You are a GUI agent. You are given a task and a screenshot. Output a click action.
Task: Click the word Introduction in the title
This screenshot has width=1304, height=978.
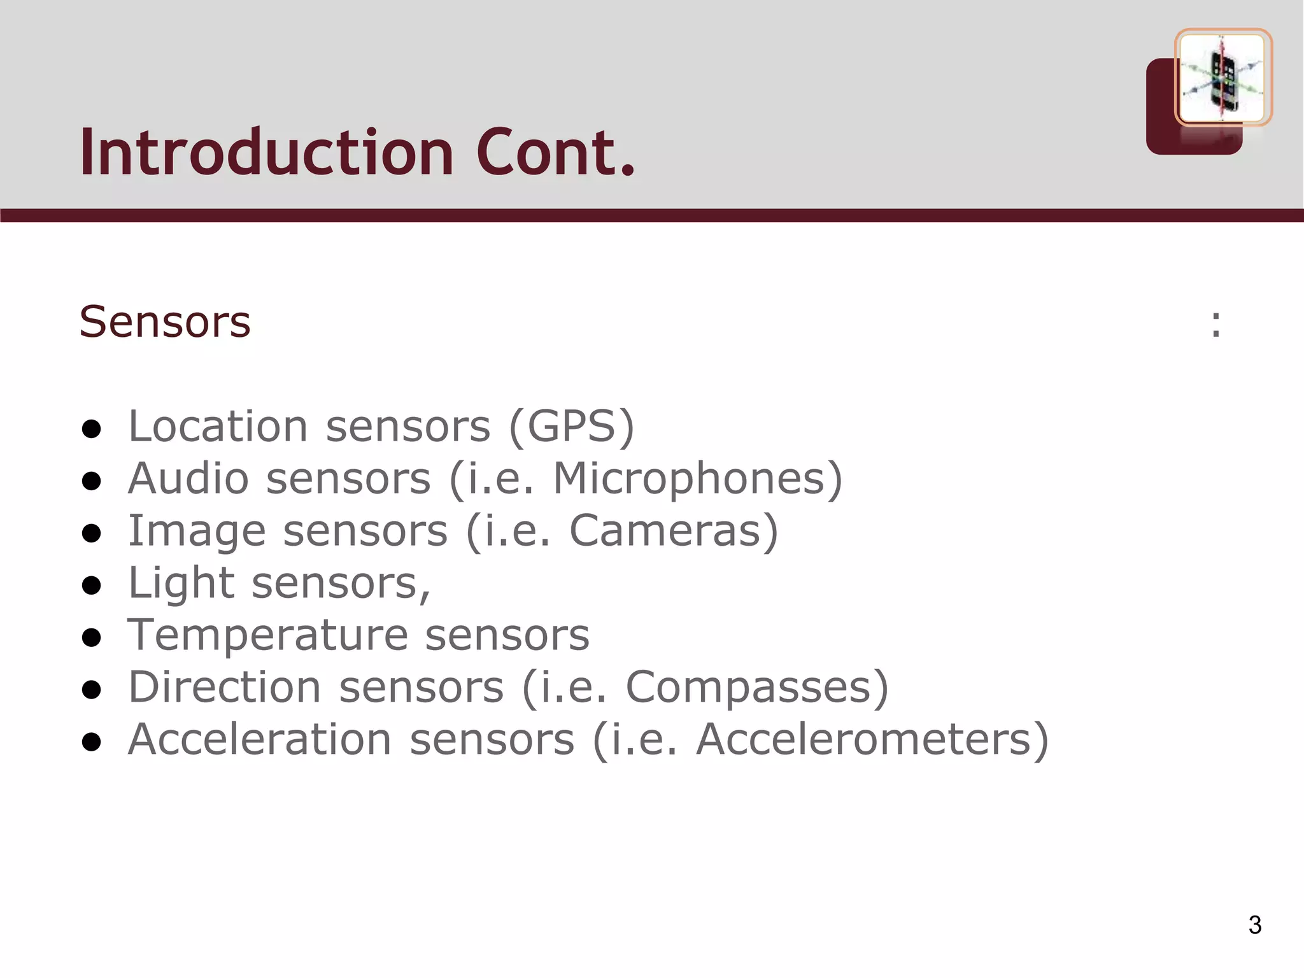[266, 153]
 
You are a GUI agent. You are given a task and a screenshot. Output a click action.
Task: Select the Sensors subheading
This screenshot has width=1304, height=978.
[165, 322]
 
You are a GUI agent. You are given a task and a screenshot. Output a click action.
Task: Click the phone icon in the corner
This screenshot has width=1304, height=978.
[1222, 78]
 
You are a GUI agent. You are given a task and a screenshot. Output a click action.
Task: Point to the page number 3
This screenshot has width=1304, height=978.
[1254, 925]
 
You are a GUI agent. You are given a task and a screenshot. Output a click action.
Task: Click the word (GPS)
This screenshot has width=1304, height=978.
[571, 426]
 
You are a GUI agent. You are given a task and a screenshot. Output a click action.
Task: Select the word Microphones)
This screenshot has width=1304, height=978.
[697, 478]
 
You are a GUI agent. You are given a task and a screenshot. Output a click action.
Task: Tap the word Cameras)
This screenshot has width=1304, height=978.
[674, 530]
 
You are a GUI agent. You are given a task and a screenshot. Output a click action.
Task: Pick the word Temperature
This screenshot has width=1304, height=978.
[267, 635]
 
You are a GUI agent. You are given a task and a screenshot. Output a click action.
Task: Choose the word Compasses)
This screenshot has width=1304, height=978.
[757, 687]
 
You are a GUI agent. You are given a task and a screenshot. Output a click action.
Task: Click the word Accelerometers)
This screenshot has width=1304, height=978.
[872, 739]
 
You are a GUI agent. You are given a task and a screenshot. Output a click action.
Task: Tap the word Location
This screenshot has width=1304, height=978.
[218, 426]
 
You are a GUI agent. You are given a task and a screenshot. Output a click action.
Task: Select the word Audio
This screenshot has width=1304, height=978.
[188, 478]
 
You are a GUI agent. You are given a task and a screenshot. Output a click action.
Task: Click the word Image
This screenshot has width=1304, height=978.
[196, 532]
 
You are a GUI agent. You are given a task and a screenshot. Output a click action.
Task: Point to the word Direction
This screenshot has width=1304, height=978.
[224, 687]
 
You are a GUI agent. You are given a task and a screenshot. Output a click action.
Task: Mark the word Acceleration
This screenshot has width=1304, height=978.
[259, 739]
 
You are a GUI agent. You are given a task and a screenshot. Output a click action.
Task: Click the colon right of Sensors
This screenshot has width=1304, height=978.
[1215, 324]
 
